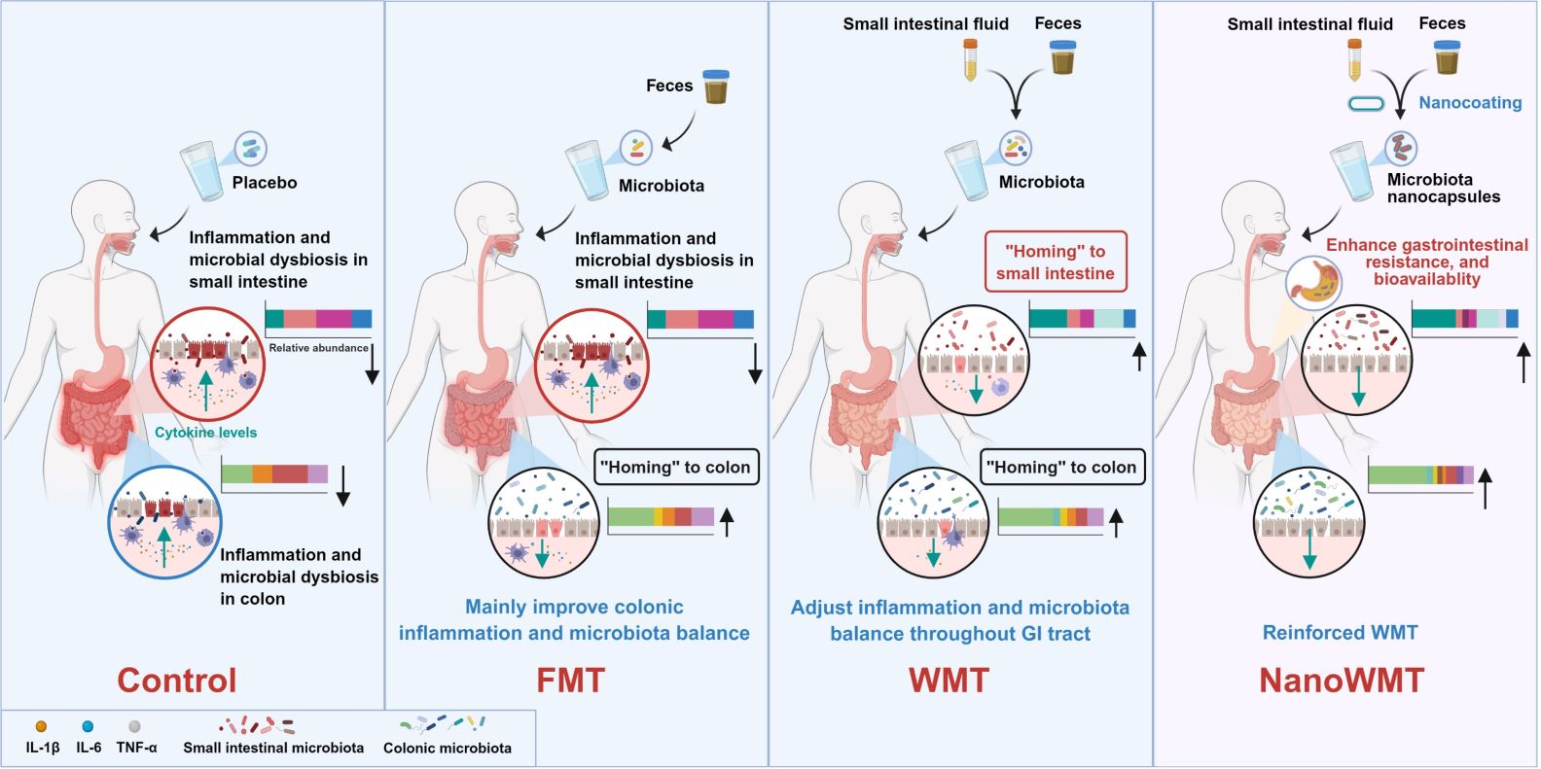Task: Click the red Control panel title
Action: pyautogui.click(x=177, y=680)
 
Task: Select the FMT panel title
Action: pyautogui.click(x=570, y=680)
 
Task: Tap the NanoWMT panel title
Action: pyautogui.click(x=1342, y=680)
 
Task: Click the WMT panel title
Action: pyautogui.click(x=949, y=680)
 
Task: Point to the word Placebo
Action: pyautogui.click(x=265, y=183)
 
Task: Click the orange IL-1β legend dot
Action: pyautogui.click(x=41, y=726)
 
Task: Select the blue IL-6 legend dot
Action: pyautogui.click(x=88, y=726)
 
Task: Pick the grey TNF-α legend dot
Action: pyautogui.click(x=135, y=726)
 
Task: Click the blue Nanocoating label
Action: pyautogui.click(x=1470, y=103)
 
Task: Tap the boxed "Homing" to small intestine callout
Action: pyautogui.click(x=1056, y=262)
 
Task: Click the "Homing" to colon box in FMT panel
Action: pyautogui.click(x=675, y=468)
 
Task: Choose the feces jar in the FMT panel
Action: pyautogui.click(x=716, y=87)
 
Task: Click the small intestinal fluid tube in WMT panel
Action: pyautogui.click(x=970, y=59)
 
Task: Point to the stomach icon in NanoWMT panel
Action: pyautogui.click(x=1313, y=280)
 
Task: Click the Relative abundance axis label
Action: pyautogui.click(x=318, y=348)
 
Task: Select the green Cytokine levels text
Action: pyautogui.click(x=206, y=433)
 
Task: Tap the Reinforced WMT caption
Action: pyautogui.click(x=1340, y=633)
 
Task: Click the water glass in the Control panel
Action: pyautogui.click(x=202, y=171)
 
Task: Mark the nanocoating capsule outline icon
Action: pyautogui.click(x=1365, y=104)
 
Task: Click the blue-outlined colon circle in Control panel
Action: pyautogui.click(x=164, y=523)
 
